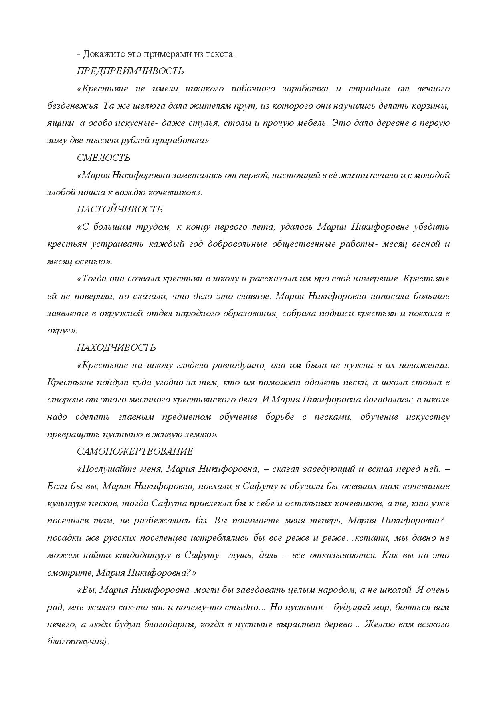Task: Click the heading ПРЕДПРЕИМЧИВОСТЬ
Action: point(130,71)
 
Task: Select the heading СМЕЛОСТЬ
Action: point(103,158)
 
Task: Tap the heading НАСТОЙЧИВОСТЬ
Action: point(119,209)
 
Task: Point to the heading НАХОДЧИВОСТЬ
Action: point(116,347)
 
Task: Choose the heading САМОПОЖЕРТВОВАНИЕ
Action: point(135,451)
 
